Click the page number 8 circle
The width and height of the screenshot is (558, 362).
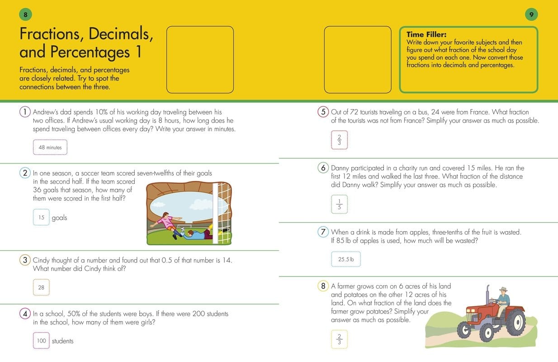[26, 15]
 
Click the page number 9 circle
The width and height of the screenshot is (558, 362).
[532, 15]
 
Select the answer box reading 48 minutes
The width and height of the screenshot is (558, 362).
[50, 148]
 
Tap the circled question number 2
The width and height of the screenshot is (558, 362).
[25, 173]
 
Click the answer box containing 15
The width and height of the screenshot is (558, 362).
[41, 217]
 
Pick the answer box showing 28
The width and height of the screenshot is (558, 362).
[41, 287]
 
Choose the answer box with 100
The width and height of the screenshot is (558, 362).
[41, 341]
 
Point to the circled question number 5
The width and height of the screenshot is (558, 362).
[323, 112]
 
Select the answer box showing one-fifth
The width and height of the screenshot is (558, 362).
[340, 205]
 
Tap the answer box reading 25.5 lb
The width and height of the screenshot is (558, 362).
[346, 260]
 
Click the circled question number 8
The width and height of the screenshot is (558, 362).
[323, 286]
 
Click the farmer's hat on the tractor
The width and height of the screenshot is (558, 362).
[503, 290]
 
